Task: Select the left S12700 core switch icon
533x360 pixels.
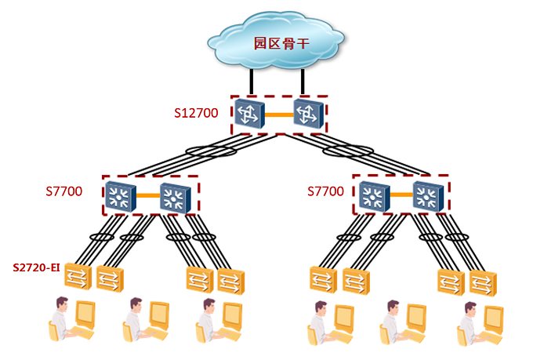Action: click(x=250, y=115)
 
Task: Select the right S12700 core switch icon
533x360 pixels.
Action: click(x=307, y=115)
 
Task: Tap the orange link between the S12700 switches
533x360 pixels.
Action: click(x=279, y=115)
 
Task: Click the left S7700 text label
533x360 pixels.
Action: click(x=64, y=191)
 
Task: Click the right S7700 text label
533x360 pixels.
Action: click(x=326, y=191)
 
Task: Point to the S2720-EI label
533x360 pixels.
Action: click(x=36, y=267)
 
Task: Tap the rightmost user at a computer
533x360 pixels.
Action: click(x=478, y=321)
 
